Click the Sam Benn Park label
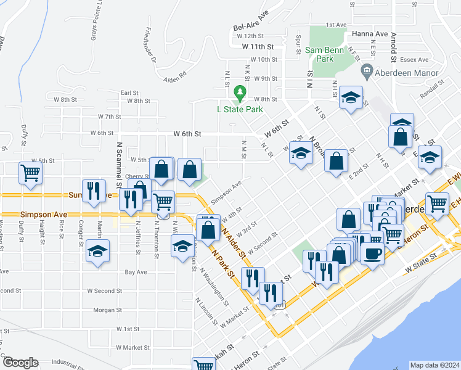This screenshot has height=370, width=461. tap(319, 53)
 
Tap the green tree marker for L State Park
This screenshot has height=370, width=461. tap(240, 94)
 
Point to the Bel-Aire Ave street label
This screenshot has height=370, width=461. tap(251, 28)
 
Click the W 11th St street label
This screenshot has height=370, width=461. tap(257, 46)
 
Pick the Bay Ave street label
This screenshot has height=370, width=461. tap(136, 271)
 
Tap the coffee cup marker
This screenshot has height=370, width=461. tap(372, 253)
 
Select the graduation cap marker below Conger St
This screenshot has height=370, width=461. tap(97, 251)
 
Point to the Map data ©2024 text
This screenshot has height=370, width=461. tap(434, 365)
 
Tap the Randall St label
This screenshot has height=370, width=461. tap(431, 92)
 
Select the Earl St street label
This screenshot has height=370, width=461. tap(129, 92)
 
